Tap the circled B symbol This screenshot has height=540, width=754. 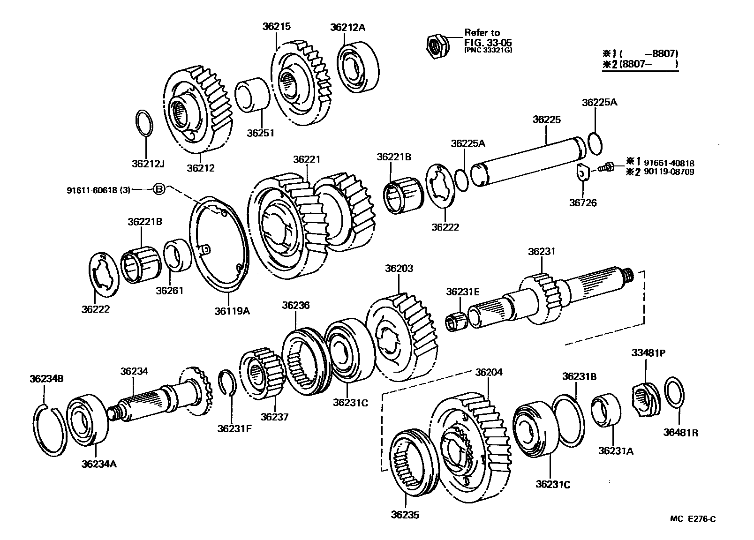(159, 189)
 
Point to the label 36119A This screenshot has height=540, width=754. (233, 310)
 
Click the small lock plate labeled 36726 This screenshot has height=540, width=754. (582, 173)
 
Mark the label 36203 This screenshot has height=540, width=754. (399, 269)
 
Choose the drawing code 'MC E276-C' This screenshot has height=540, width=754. (693, 518)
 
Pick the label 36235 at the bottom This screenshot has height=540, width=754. (405, 515)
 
